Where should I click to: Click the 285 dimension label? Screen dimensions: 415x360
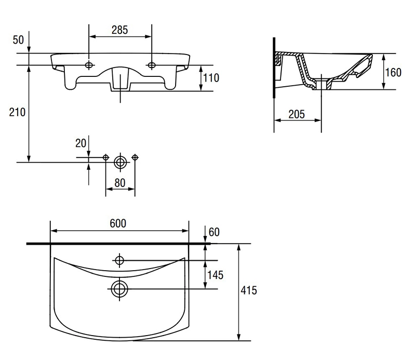tap(119, 30)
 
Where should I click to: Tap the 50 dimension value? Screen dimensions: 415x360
tap(18, 40)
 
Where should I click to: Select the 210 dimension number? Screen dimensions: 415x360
tap(17, 112)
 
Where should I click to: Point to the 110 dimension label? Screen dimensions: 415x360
tap(211, 78)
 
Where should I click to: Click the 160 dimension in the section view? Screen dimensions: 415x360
tap(393, 72)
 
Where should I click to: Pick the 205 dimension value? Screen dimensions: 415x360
tap(297, 114)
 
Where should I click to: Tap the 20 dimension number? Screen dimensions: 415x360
tap(81, 143)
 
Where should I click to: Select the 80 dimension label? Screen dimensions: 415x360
tap(119, 183)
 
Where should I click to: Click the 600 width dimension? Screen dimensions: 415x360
tap(118, 223)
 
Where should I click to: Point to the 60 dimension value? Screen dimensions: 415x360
tap(214, 232)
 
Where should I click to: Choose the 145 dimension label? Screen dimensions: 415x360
tap(215, 275)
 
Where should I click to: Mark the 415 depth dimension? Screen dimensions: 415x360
tap(248, 290)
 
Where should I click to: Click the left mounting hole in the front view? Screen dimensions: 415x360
tap(89, 65)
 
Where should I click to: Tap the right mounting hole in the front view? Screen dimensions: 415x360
tap(152, 65)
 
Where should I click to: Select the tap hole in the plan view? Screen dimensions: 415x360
tap(119, 260)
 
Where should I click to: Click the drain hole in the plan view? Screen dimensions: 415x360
tap(119, 288)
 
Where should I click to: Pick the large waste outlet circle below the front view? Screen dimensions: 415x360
tap(121, 162)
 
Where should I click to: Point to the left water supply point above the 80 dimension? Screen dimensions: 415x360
tap(105, 157)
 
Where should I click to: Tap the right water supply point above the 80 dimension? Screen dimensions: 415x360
tap(135, 157)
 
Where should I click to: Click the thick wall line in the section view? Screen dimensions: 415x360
tap(274, 68)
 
